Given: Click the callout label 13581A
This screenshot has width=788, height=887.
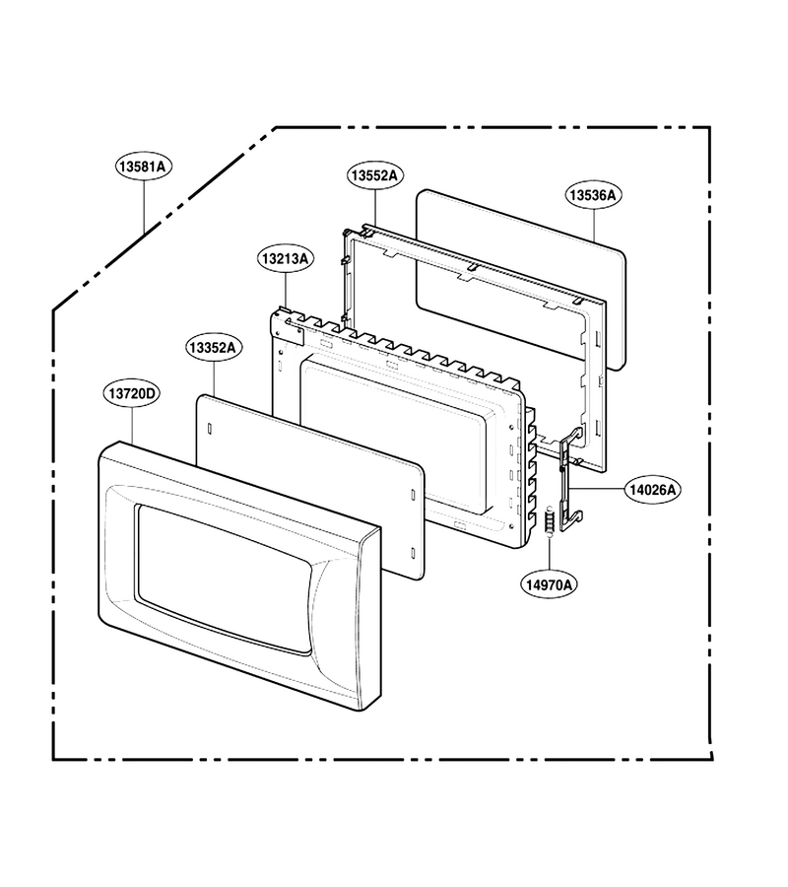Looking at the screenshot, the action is (x=144, y=167).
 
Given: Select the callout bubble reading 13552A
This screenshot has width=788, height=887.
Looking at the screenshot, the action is (x=374, y=175).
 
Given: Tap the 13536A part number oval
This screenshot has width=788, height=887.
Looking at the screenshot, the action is (x=593, y=194).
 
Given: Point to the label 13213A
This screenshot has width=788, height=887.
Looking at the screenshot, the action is (x=286, y=258).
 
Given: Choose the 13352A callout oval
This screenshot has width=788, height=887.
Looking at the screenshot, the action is (x=214, y=347).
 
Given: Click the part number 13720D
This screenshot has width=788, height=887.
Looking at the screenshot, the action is (x=131, y=393).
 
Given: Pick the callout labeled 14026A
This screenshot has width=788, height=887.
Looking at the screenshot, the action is (x=652, y=489).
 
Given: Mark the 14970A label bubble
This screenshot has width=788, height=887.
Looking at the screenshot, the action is (x=549, y=584).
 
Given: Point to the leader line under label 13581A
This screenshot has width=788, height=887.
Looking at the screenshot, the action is (x=144, y=206).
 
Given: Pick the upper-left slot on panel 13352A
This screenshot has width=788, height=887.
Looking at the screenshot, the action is (x=209, y=429).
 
